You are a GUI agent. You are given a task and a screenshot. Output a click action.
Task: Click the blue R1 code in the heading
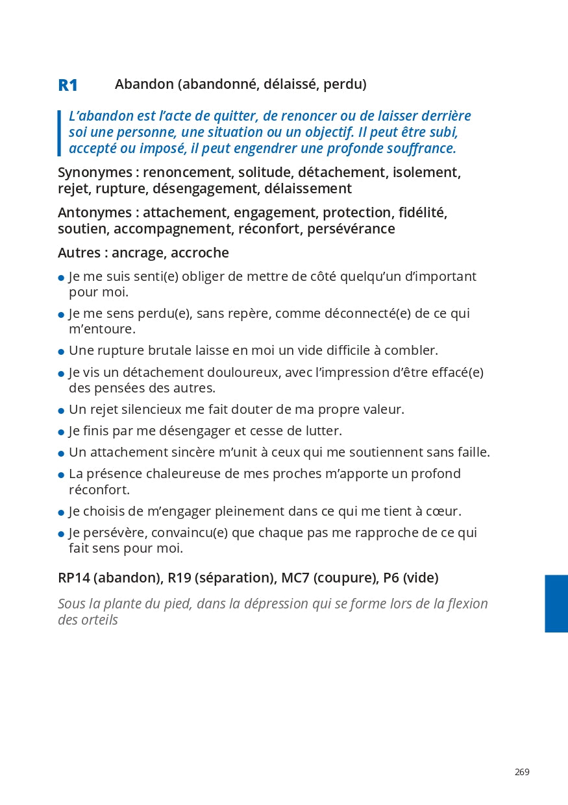pos(68,85)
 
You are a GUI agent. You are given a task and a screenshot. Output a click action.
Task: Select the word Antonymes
pos(94,213)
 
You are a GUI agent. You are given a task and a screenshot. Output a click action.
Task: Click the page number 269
pos(522,772)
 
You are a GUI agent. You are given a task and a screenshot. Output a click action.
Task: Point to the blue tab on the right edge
pos(556,603)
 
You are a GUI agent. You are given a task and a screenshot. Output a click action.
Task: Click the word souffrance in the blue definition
pos(421,149)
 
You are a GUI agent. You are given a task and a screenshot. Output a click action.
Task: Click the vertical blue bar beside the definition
pos(59,133)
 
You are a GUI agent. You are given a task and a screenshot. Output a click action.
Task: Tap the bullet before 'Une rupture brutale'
pos(61,352)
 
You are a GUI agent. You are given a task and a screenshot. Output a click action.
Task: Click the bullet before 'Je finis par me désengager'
pos(61,432)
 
